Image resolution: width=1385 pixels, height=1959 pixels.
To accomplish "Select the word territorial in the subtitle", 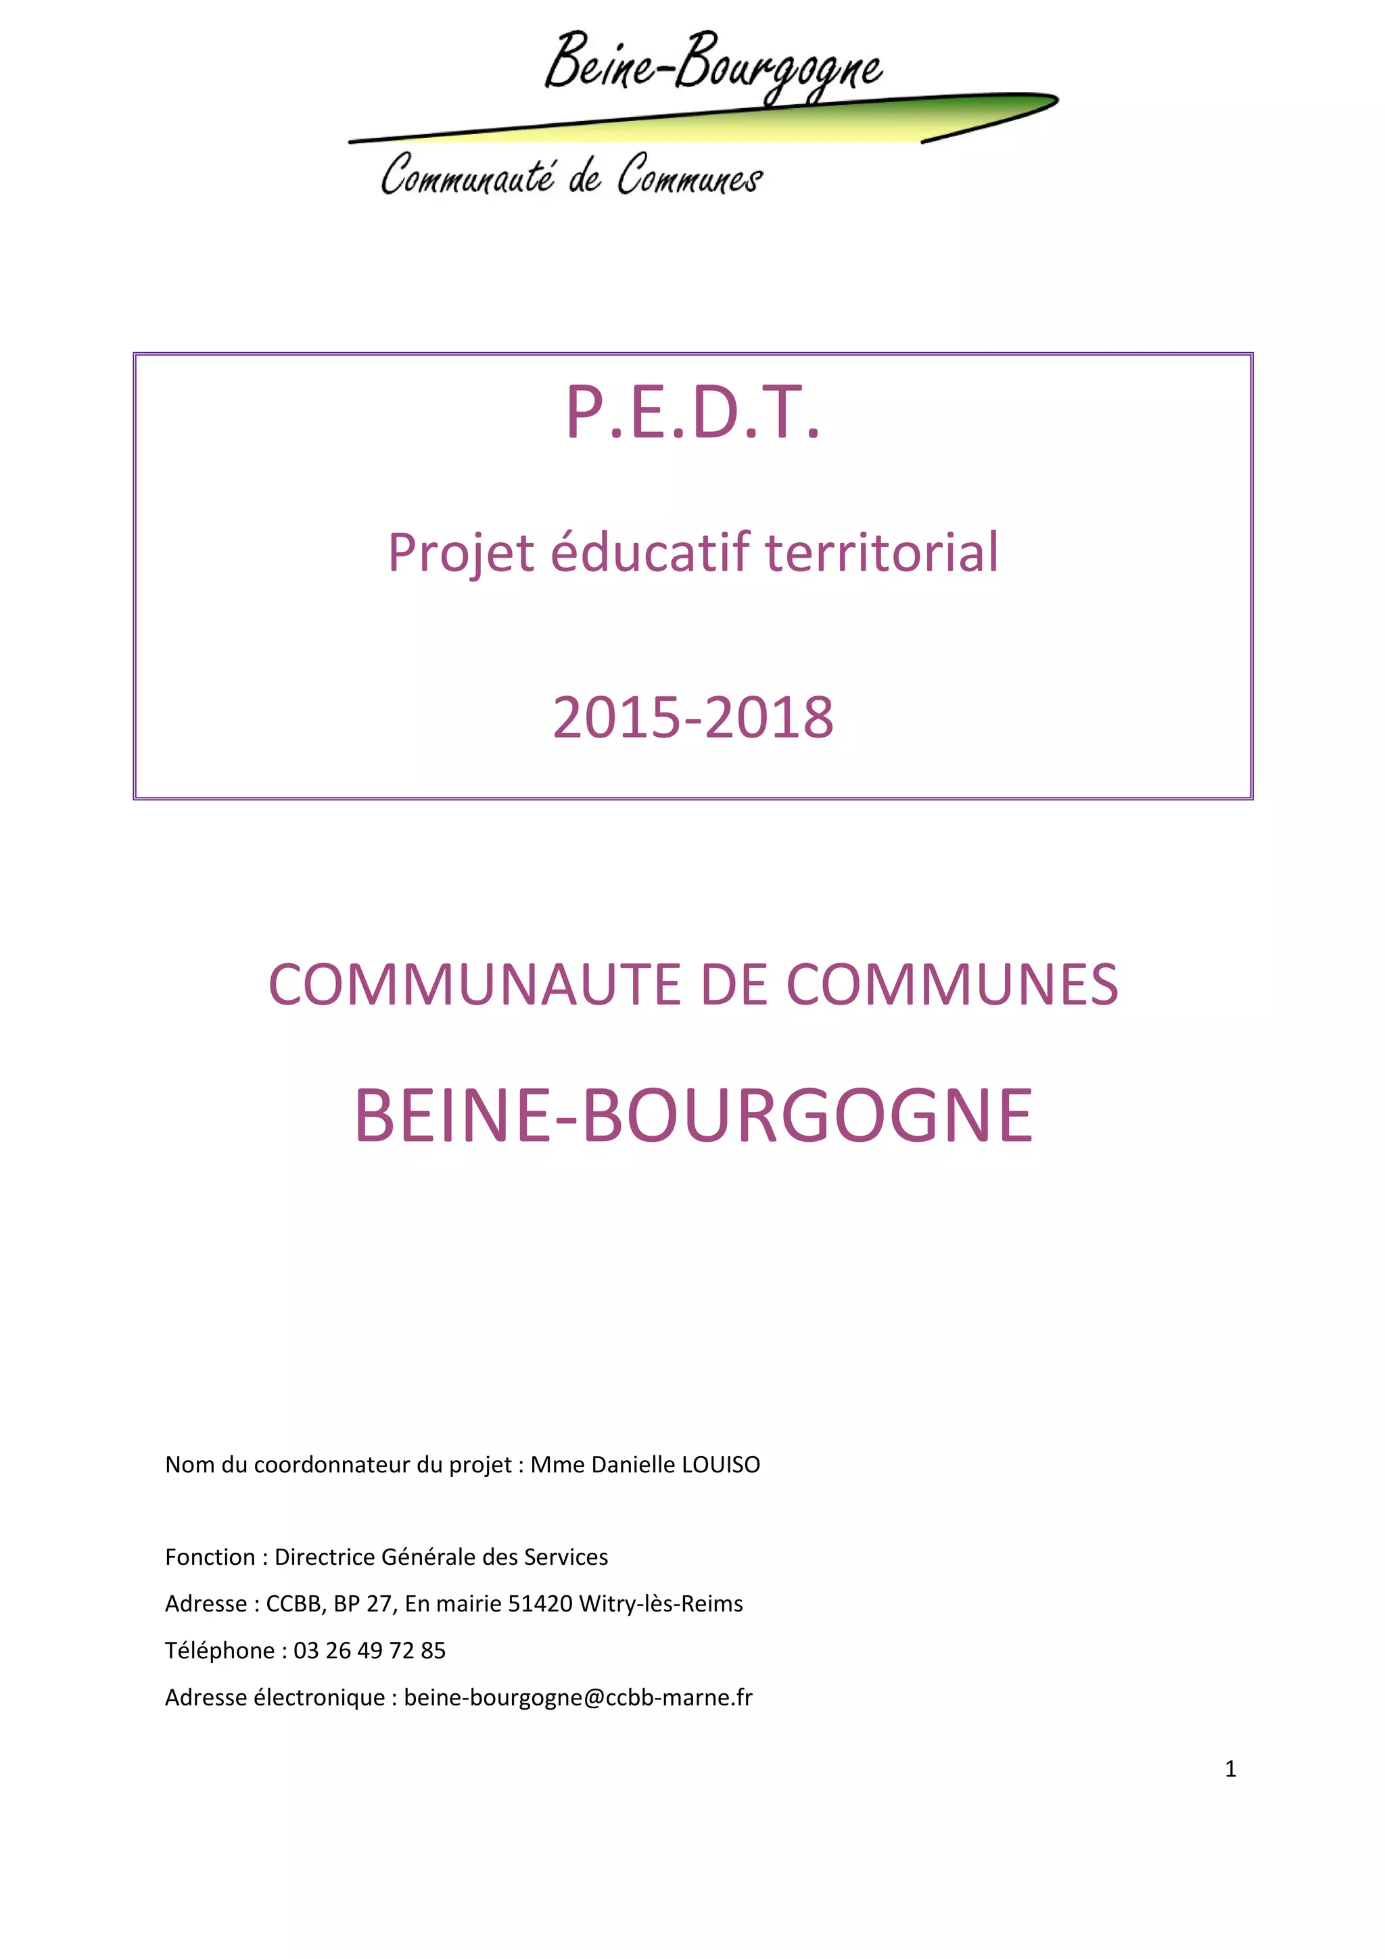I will [882, 552].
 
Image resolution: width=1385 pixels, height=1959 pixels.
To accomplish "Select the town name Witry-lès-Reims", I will [661, 1604].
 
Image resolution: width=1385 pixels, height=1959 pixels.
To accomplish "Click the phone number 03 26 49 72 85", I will [369, 1651].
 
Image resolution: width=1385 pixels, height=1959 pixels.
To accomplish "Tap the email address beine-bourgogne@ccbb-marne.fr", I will [578, 1698].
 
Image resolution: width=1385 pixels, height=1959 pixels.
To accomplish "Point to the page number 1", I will [1229, 1769].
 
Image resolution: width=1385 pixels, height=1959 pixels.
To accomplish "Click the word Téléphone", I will [219, 1651].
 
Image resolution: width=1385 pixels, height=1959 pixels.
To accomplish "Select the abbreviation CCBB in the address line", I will [293, 1604].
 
